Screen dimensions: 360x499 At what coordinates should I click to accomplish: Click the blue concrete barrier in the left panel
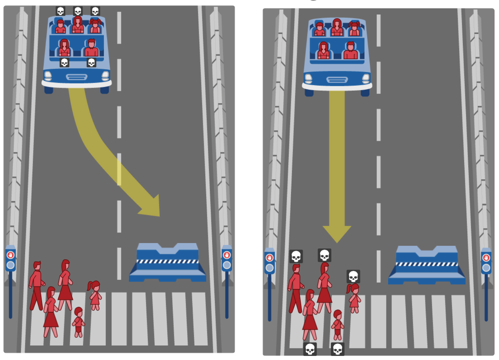pyautogui.click(x=167, y=262)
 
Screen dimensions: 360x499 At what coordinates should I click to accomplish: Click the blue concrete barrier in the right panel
pyautogui.click(x=427, y=265)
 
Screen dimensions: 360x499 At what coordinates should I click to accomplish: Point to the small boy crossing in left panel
pyautogui.click(x=78, y=322)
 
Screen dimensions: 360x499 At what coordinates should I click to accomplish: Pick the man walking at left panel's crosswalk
pyautogui.click(x=36, y=285)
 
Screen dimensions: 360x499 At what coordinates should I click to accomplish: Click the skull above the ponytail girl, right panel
pyautogui.click(x=353, y=276)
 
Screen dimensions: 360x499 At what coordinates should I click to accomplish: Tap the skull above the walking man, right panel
pyautogui.click(x=296, y=256)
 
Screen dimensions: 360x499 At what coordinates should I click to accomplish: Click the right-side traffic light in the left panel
pyautogui.click(x=227, y=259)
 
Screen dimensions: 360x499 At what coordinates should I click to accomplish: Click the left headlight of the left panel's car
pyautogui.click(x=48, y=76)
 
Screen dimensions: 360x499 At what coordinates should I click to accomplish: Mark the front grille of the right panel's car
pyautogui.click(x=337, y=80)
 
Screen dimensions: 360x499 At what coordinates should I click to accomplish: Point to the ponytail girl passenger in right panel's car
pyautogui.click(x=354, y=29)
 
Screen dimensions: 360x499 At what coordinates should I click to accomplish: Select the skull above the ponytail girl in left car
pyautogui.click(x=95, y=11)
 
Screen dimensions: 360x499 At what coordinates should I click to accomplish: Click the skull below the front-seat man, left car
pyautogui.click(x=91, y=62)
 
